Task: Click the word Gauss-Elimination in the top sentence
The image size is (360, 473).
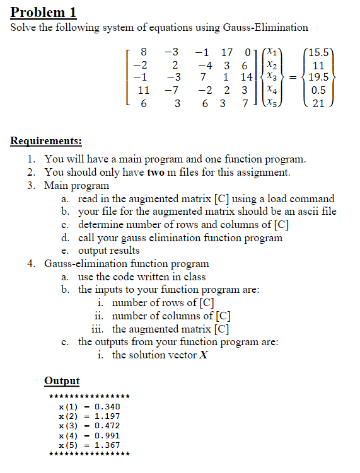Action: tap(265, 27)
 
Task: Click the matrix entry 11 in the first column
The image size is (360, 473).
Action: tap(143, 91)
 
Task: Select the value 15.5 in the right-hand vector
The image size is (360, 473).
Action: tap(318, 52)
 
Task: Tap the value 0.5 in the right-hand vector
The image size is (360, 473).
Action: tap(318, 91)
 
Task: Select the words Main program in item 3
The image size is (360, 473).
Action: tap(76, 185)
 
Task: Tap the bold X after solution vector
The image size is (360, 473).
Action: tap(203, 355)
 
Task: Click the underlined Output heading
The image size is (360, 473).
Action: tap(62, 380)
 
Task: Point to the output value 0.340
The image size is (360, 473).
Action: tap(107, 407)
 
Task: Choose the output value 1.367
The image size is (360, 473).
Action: tap(107, 445)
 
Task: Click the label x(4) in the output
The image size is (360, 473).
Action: tap(67, 435)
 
